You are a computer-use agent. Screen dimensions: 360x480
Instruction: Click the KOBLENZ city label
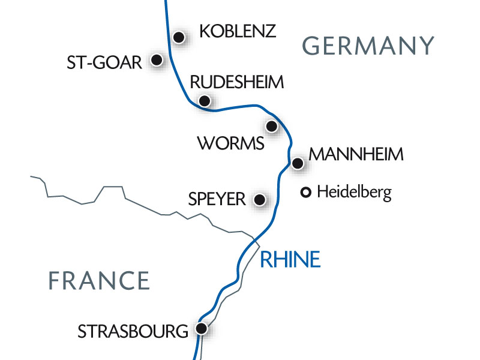tap(238, 31)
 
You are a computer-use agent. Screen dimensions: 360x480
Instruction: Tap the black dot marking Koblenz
tap(178, 37)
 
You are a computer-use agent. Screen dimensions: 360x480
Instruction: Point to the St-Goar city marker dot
tap(157, 60)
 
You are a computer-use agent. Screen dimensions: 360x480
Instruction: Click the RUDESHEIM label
tap(236, 83)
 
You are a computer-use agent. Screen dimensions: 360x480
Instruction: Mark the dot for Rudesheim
tap(205, 101)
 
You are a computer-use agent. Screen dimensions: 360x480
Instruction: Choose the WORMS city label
tap(230, 144)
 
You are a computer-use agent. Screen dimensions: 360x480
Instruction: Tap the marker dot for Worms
tap(272, 126)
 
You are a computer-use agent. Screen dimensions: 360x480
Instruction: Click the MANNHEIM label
tap(356, 154)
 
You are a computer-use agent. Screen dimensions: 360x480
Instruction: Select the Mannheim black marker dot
tap(297, 163)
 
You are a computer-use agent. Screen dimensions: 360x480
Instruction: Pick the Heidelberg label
tap(354, 193)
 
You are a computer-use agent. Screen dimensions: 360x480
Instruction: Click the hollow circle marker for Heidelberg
tap(305, 193)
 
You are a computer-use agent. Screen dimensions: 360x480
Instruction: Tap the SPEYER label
tap(217, 199)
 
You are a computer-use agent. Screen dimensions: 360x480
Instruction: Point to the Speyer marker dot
tap(260, 200)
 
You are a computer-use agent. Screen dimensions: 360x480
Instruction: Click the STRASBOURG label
tap(133, 331)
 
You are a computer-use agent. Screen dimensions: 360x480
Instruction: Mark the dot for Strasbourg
tap(202, 329)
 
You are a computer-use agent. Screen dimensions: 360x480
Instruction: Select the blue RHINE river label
tap(290, 259)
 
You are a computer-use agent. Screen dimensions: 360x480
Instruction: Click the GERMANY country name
tap(368, 46)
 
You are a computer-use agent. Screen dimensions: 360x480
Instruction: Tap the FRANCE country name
tap(99, 281)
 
